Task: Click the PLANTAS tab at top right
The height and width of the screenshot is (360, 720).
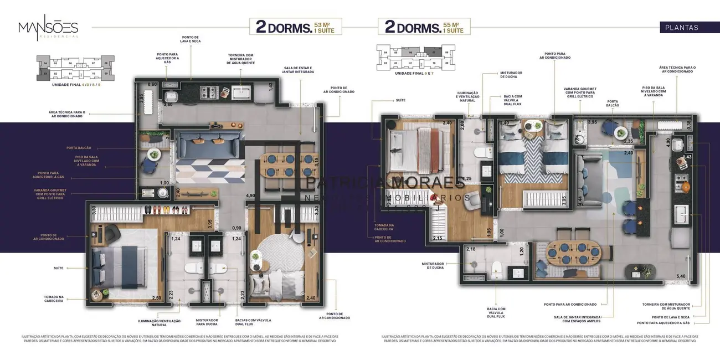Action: (681, 27)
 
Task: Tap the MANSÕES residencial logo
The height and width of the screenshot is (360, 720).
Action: (48, 28)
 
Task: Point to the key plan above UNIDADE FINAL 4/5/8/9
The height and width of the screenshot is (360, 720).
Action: (76, 67)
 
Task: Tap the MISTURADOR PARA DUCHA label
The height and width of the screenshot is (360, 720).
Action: (207, 322)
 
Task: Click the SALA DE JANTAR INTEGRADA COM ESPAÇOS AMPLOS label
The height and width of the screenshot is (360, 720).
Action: (582, 318)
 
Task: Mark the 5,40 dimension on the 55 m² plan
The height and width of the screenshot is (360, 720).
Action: (681, 276)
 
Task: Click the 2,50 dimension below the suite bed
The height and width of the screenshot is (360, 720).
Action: (157, 299)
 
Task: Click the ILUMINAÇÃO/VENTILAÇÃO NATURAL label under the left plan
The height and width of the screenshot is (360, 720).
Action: (160, 322)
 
